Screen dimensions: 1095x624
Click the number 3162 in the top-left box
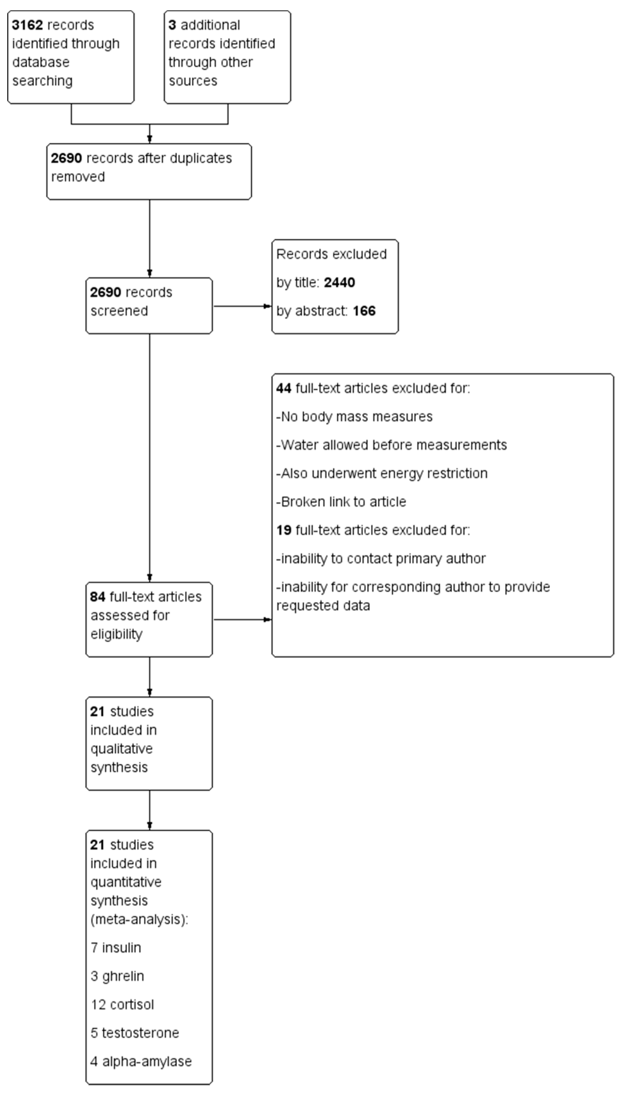tap(27, 25)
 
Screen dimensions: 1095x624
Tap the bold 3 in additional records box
tap(172, 25)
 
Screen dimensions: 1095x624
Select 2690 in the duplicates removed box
tap(66, 158)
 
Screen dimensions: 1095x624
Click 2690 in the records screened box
tap(105, 292)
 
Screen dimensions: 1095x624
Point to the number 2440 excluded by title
tap(339, 282)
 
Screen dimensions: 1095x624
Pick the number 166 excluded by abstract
tap(364, 311)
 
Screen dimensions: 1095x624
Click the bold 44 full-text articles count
tap(284, 389)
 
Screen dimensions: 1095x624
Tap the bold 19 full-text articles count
tap(284, 530)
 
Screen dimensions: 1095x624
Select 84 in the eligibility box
tap(98, 597)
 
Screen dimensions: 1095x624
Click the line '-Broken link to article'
tap(341, 501)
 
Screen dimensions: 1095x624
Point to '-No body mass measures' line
tap(354, 417)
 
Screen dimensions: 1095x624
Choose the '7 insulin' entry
tap(116, 947)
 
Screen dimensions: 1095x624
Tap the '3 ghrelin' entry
tap(117, 976)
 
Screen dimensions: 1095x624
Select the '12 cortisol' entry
tap(122, 1005)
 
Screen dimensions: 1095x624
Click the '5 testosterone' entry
tap(134, 1033)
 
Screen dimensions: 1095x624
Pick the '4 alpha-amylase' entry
tap(141, 1061)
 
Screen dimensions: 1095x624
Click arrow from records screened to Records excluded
tap(242, 306)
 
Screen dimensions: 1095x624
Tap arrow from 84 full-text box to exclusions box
tap(242, 619)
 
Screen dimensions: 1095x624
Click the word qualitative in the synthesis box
tap(122, 749)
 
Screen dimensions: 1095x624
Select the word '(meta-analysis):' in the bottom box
tap(139, 919)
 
